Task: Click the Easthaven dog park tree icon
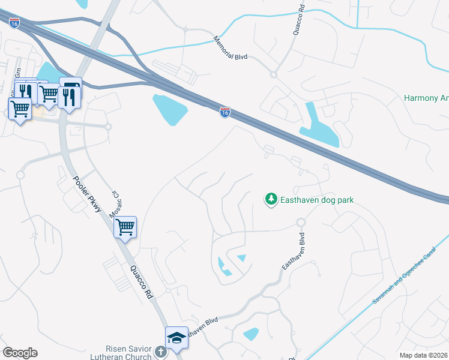pyautogui.click(x=271, y=199)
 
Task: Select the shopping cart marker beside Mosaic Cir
pyautogui.click(x=125, y=227)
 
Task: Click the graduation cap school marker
pyautogui.click(x=176, y=338)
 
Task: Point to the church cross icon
pyautogui.click(x=160, y=351)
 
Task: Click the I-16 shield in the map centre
pyautogui.click(x=224, y=112)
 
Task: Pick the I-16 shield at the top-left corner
pyautogui.click(x=14, y=23)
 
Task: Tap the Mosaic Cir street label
pyautogui.click(x=113, y=205)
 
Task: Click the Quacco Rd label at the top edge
pyautogui.click(x=296, y=20)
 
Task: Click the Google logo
pyautogui.click(x=20, y=353)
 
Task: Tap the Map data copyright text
pyautogui.click(x=424, y=355)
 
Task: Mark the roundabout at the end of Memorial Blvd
pyautogui.click(x=273, y=74)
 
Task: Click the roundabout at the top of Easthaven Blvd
pyautogui.click(x=301, y=223)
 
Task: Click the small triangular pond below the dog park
pyautogui.click(x=241, y=258)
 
